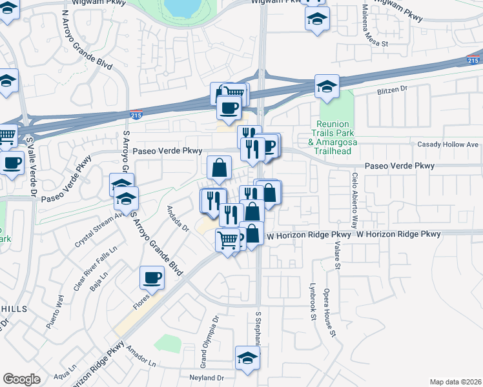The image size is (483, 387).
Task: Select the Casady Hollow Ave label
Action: point(447,144)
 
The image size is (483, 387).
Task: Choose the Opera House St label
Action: point(330,312)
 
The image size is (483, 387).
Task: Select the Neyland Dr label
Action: point(206,377)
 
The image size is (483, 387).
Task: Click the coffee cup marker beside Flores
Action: point(152,278)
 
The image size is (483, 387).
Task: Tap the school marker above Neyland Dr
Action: point(247,358)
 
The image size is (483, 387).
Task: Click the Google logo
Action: point(21,379)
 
